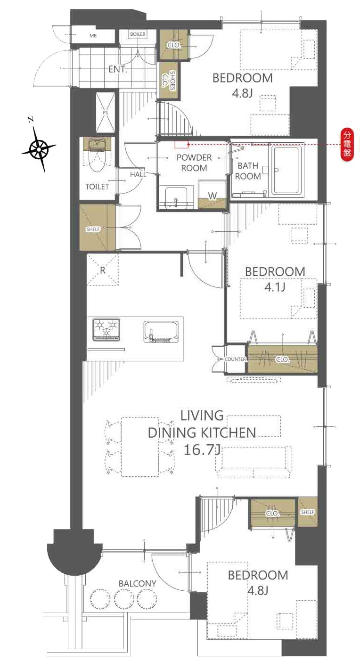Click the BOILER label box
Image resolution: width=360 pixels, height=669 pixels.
point(138,34)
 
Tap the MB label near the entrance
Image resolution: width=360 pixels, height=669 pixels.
point(93,36)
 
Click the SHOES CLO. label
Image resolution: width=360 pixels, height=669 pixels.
point(169,81)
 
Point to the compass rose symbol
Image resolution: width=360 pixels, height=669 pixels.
point(39,147)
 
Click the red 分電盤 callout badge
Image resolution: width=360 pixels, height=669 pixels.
point(347,145)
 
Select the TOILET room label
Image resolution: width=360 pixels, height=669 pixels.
point(97,187)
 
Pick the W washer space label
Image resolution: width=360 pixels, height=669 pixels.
point(213,196)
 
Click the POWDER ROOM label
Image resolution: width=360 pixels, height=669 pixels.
point(194,163)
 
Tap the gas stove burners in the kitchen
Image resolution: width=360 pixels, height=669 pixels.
point(106,329)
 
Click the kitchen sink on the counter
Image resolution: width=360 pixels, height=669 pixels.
point(161,332)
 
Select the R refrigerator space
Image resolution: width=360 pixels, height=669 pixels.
point(102,270)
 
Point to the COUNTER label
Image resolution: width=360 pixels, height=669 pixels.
point(235,359)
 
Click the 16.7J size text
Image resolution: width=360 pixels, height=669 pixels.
point(202,449)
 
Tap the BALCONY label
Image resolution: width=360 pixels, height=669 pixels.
point(138,583)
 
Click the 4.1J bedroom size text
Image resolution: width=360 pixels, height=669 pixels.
point(275,287)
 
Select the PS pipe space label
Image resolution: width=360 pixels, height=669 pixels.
point(105,113)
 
